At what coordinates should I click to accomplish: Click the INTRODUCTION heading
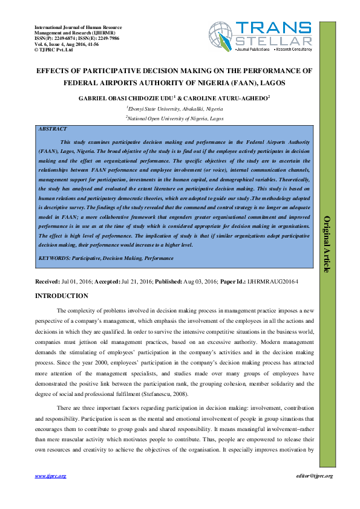point(62,296)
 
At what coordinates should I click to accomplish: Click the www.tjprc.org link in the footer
point(51,476)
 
